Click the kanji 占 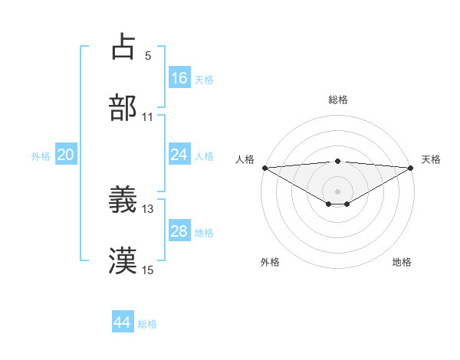[x=123, y=47]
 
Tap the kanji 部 [x=123, y=108]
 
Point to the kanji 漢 [x=123, y=261]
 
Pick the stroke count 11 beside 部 [x=148, y=117]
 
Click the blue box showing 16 [x=179, y=77]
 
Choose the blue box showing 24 [x=179, y=154]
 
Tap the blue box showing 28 [x=179, y=231]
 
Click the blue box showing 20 [x=66, y=155]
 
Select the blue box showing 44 [x=123, y=322]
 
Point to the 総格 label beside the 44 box [x=148, y=324]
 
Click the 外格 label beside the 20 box [x=41, y=156]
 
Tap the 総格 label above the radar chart [x=338, y=100]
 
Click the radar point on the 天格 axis [x=411, y=167]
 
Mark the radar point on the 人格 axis [x=264, y=167]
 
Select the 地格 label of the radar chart [x=402, y=263]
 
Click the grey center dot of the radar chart [x=338, y=191]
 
